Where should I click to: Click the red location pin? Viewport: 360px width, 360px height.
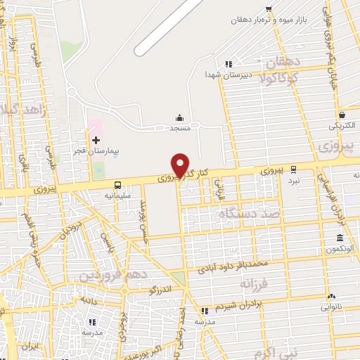coord(181,165)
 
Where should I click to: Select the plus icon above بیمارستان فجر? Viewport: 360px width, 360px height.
coord(96,141)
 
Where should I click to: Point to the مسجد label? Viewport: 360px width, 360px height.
coord(180,129)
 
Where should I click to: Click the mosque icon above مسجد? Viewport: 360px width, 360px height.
coord(180,118)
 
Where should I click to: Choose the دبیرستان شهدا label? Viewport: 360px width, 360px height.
coord(223,74)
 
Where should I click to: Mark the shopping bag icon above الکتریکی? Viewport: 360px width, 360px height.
coord(341,115)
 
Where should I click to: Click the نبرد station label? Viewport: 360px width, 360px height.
coord(293,180)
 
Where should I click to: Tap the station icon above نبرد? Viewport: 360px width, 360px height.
coord(293,169)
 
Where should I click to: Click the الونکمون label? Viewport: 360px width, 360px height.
coord(340,250)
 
